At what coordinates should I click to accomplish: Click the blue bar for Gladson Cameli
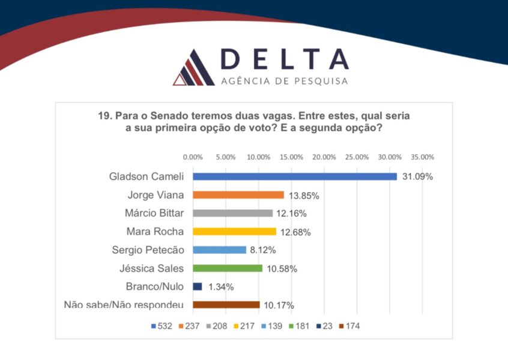pyautogui.click(x=294, y=176)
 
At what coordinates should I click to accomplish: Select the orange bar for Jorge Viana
pyautogui.click(x=238, y=195)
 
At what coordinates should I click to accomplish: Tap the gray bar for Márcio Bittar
pyautogui.click(x=232, y=213)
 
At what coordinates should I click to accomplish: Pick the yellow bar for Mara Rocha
pyautogui.click(x=234, y=232)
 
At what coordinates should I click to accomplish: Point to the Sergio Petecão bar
pyautogui.click(x=219, y=250)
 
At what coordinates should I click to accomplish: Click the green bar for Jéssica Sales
pyautogui.click(x=227, y=268)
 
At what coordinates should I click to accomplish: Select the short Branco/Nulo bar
pyautogui.click(x=197, y=286)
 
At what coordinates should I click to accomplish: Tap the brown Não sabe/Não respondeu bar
pyautogui.click(x=226, y=305)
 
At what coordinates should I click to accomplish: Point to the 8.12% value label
pyautogui.click(x=264, y=250)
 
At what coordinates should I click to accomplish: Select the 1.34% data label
pyautogui.click(x=221, y=287)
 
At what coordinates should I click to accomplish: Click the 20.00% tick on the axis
pyautogui.click(x=324, y=157)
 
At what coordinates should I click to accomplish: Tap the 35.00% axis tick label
pyautogui.click(x=422, y=157)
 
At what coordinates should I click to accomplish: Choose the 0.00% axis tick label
pyautogui.click(x=193, y=157)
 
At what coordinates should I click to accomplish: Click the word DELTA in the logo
pyautogui.click(x=285, y=59)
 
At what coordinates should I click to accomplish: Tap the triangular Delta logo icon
pyautogui.click(x=192, y=68)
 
